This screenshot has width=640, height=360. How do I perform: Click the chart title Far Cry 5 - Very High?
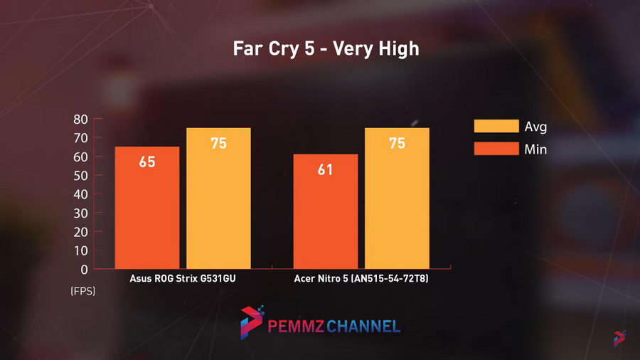coord(326,49)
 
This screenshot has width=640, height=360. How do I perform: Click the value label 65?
coord(147,162)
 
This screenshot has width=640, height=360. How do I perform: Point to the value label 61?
coord(326,170)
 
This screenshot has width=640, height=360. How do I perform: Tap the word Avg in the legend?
coord(535,127)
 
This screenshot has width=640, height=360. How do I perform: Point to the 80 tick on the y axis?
coord(80,120)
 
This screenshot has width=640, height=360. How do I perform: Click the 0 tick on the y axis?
coord(85,269)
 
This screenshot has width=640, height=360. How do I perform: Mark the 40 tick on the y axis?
coord(80,194)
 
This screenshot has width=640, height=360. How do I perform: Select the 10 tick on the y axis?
coord(80,250)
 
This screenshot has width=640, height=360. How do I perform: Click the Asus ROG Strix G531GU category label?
coord(183,279)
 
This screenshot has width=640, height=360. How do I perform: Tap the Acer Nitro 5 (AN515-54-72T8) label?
coord(361,279)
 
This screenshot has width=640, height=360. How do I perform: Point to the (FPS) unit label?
coord(82,292)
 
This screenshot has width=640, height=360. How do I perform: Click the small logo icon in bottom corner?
coord(619,339)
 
